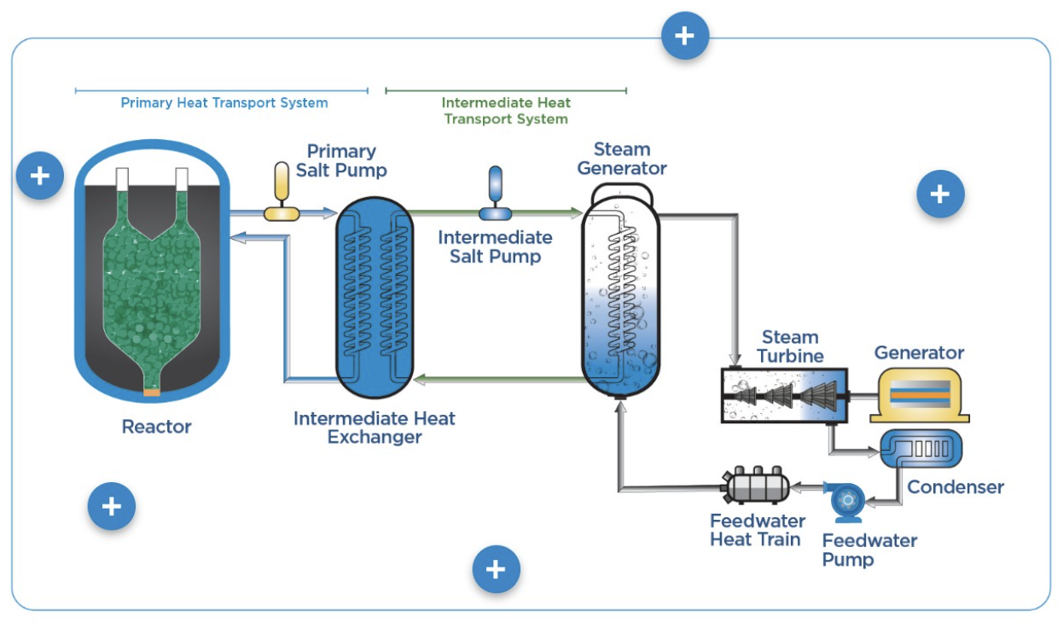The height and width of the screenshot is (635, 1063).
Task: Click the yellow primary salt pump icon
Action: (281, 193)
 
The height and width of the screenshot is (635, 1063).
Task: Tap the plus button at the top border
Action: (684, 36)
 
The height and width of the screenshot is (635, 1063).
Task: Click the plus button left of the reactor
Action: (39, 176)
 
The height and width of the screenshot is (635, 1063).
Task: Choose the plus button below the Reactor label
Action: (112, 506)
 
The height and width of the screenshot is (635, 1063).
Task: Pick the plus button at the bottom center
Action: (496, 569)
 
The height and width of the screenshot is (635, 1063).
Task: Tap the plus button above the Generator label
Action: (939, 195)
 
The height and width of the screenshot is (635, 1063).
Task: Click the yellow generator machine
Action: (919, 394)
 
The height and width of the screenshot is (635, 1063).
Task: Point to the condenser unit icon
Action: (921, 447)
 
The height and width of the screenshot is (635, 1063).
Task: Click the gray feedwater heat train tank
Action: (756, 488)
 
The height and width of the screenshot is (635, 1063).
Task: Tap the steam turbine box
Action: (782, 394)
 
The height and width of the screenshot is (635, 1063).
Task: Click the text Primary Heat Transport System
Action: (224, 103)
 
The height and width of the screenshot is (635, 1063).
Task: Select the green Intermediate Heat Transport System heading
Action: (506, 111)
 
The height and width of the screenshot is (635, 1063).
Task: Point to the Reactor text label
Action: (157, 426)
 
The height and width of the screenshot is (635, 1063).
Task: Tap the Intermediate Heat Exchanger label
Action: (375, 428)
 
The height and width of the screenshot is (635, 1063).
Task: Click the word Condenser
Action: (955, 487)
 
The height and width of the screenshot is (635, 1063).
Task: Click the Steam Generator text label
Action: (622, 159)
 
